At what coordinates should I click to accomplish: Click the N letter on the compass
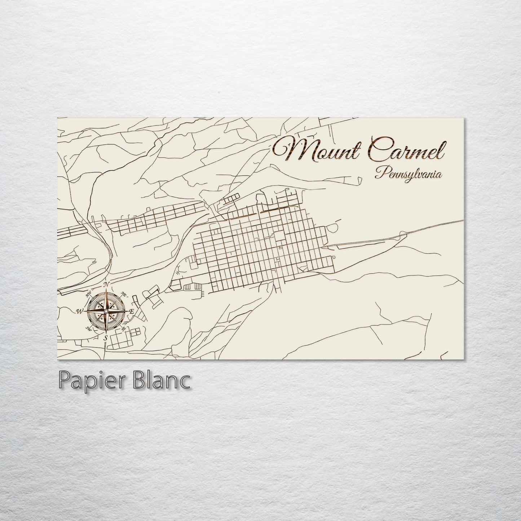(x=106, y=285)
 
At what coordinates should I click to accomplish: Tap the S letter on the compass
(x=106, y=337)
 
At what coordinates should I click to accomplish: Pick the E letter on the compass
(x=132, y=311)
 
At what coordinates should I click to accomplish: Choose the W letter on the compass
(x=80, y=311)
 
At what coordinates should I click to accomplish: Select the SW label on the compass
(x=88, y=328)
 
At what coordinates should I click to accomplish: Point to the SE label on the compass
(x=124, y=328)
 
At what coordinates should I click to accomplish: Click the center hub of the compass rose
(x=106, y=311)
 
